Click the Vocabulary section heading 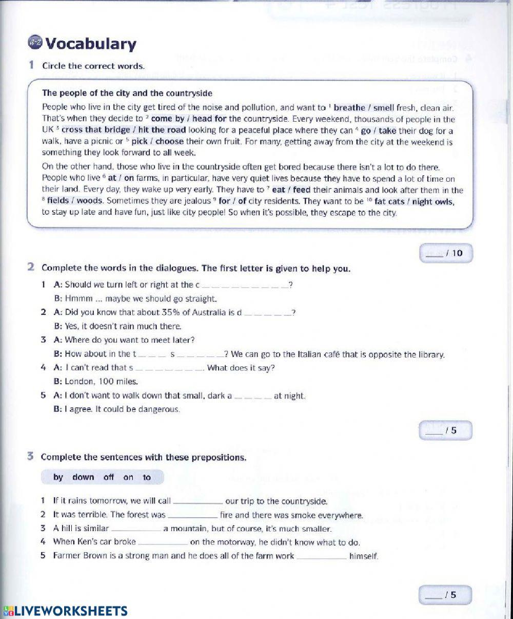click(x=91, y=44)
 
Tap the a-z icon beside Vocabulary click(x=35, y=43)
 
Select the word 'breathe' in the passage click(x=349, y=108)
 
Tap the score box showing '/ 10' click(x=446, y=253)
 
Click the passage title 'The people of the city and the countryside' click(x=127, y=93)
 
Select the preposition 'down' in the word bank click(x=83, y=477)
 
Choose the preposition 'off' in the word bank click(x=109, y=477)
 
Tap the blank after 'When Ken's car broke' click(x=163, y=542)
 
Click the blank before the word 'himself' click(x=322, y=556)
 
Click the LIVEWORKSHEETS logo click(x=65, y=611)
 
